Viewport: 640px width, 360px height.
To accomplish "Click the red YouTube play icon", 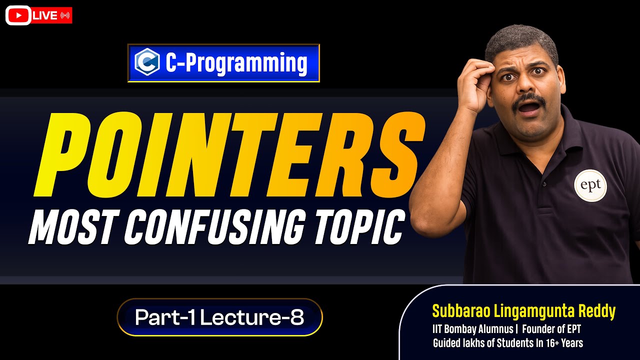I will tap(18, 15).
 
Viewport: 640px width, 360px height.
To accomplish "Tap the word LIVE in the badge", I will tap(44, 15).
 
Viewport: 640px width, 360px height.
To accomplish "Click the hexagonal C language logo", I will tap(147, 62).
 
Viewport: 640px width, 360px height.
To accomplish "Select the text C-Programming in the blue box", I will tap(236, 63).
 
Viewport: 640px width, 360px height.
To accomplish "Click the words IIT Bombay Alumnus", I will tap(472, 329).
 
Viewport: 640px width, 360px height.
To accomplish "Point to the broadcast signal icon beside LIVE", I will tap(64, 15).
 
